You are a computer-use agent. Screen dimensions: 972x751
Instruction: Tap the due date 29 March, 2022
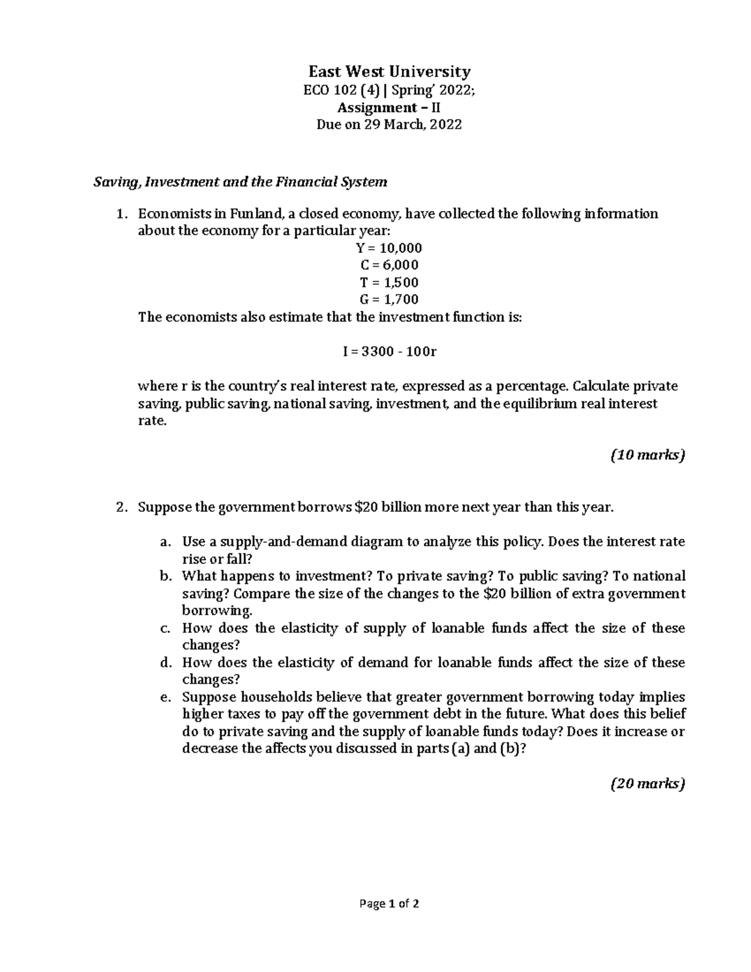point(413,125)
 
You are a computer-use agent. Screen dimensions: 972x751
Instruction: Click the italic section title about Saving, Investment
point(240,182)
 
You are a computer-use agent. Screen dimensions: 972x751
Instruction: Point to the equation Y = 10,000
point(389,248)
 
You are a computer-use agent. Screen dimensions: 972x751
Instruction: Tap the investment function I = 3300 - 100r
point(389,351)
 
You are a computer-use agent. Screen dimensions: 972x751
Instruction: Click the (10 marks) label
point(648,455)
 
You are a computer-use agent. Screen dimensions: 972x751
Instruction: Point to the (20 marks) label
point(648,783)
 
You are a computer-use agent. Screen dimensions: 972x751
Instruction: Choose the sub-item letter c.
point(165,628)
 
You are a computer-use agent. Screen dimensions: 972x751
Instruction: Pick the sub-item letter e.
point(165,697)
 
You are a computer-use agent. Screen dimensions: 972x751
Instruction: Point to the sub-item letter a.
point(165,542)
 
